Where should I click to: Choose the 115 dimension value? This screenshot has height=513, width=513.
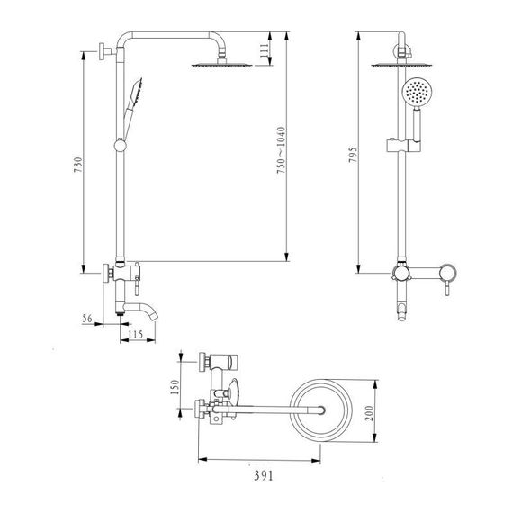point(137,336)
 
